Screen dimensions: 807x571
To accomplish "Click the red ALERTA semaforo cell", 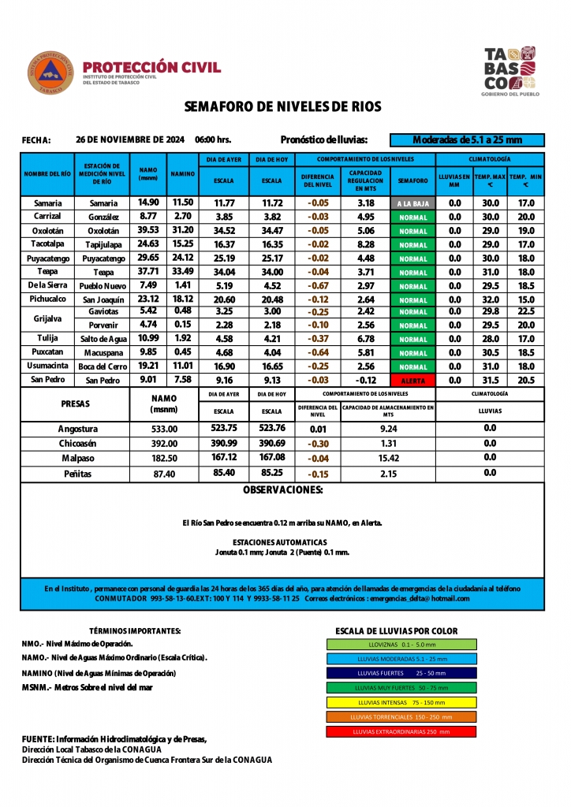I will [412, 380].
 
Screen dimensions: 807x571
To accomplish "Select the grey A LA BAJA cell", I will [412, 203].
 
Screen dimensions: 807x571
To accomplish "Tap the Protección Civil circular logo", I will [52, 73].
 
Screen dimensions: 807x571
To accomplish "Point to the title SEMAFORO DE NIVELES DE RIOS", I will [282, 106].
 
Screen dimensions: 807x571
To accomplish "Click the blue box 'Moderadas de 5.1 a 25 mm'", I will [467, 140].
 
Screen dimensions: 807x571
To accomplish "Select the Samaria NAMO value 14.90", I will [148, 203].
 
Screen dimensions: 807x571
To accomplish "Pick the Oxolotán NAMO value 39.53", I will [148, 230].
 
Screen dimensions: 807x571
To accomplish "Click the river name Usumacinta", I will [47, 366].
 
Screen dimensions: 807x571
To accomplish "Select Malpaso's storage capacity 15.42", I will [388, 457].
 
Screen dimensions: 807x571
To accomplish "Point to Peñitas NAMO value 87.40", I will [164, 474].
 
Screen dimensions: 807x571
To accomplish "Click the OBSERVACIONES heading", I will [282, 490].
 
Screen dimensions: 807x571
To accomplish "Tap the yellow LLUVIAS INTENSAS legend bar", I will [401, 702].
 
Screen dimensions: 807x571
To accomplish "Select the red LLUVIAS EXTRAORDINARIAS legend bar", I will [401, 731].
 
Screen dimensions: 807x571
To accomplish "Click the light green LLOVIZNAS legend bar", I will [401, 644].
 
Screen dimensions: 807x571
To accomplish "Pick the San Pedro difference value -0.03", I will [318, 380].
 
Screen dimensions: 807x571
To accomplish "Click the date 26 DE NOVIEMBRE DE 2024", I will [130, 139].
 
